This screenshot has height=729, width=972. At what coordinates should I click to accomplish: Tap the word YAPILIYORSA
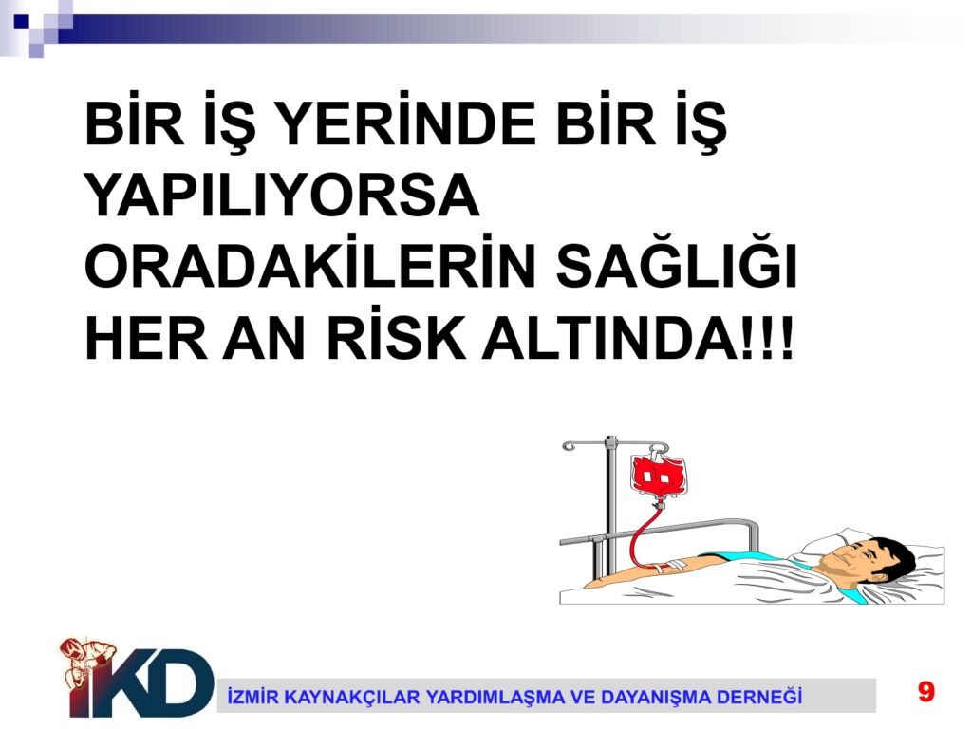click(282, 195)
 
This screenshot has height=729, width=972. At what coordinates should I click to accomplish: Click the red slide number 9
click(926, 691)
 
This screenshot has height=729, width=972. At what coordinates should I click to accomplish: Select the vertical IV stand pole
click(611, 505)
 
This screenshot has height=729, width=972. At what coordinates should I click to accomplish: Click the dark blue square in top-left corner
click(22, 21)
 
